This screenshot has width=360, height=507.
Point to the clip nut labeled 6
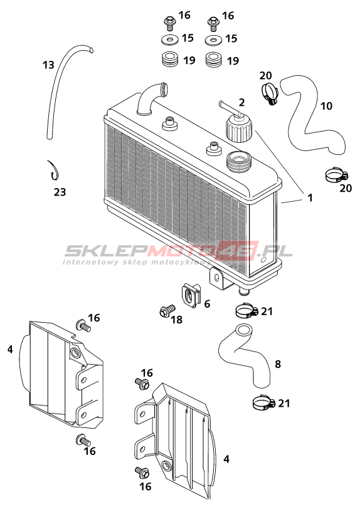click(x=191, y=295)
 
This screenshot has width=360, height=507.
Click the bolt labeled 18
click(x=167, y=311)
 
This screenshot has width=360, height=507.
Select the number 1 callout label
click(x=310, y=197)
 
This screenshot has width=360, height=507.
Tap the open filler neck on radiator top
click(x=239, y=162)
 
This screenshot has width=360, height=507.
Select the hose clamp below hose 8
click(x=263, y=402)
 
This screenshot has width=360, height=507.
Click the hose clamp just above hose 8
click(x=246, y=310)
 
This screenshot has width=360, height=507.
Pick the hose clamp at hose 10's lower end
click(x=336, y=175)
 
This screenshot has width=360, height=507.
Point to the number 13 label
click(x=48, y=65)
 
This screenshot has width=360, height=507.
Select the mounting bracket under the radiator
click(x=218, y=279)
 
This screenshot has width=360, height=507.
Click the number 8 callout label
click(x=277, y=364)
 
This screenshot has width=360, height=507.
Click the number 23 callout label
click(x=60, y=192)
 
